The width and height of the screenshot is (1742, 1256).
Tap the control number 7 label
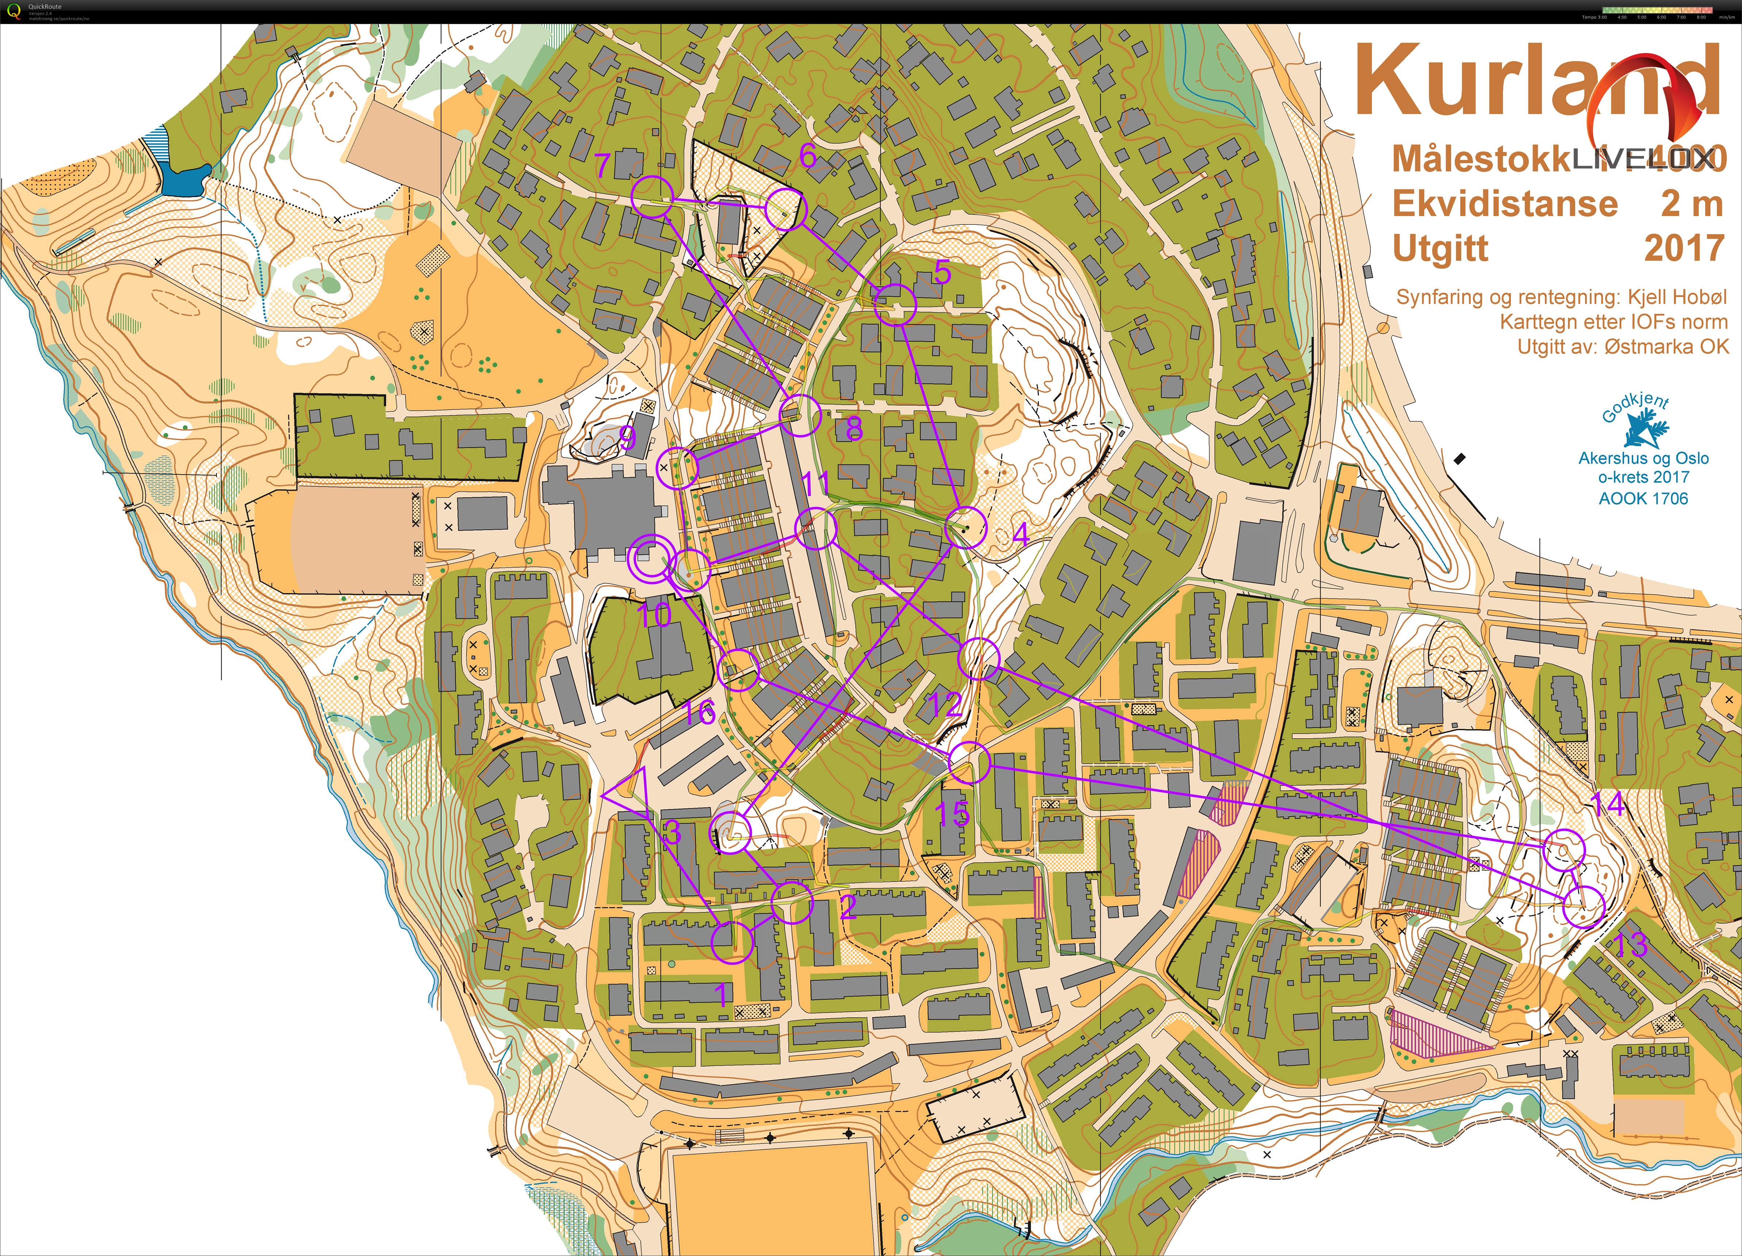(603, 165)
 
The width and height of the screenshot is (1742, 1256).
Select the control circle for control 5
(895, 304)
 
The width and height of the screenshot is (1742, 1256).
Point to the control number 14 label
(1608, 804)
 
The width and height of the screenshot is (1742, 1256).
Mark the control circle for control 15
(969, 763)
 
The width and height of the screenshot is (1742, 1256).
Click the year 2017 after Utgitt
(1684, 248)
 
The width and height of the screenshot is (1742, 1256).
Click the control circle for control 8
(800, 416)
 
